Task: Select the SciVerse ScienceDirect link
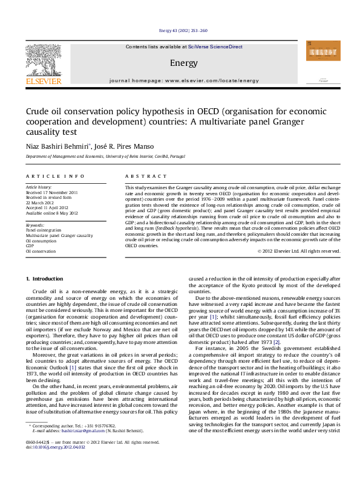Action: tap(215, 47)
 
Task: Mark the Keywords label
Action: tap(35, 225)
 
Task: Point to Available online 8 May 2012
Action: tap(52, 213)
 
